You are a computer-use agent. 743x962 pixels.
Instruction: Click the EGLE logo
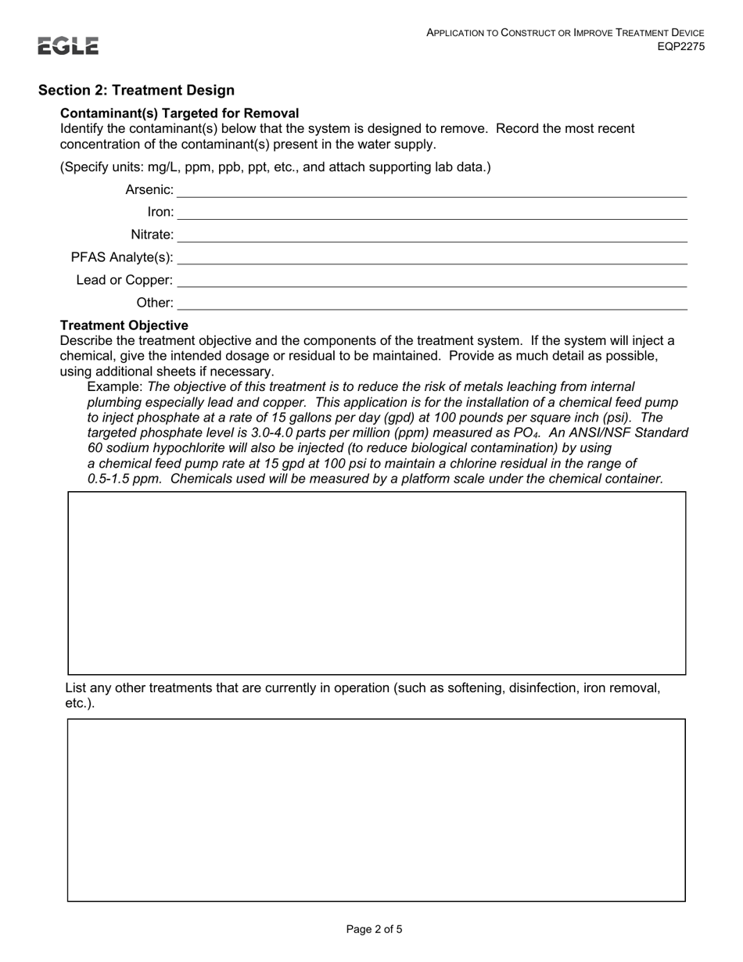point(69,46)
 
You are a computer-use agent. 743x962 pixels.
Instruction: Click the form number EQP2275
point(680,46)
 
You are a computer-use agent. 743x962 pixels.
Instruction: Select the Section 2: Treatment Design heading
point(136,91)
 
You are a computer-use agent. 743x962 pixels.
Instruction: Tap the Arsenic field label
point(149,189)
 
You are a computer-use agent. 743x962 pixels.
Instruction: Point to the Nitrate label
point(152,235)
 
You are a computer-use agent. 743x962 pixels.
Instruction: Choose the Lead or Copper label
point(124,280)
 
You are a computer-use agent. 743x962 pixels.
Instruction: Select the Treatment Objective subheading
point(124,325)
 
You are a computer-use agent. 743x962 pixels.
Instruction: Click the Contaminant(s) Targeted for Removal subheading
point(179,113)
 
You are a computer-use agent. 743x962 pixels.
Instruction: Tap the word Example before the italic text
point(114,386)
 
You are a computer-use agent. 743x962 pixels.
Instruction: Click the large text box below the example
point(376,583)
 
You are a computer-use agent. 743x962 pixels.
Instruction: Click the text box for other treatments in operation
point(376,809)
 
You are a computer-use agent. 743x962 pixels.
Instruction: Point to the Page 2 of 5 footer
point(374,930)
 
